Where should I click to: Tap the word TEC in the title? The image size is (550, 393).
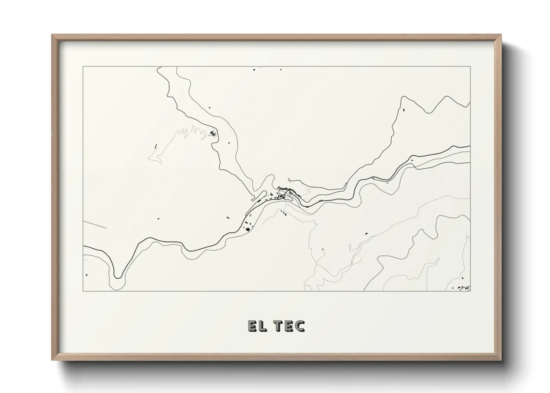[x=289, y=326]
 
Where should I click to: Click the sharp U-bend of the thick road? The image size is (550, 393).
[x=118, y=276]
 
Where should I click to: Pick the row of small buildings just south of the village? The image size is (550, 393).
[x=284, y=213]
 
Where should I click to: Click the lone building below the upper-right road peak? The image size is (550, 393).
[x=404, y=110]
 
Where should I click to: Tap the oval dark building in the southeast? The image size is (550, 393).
[x=366, y=233]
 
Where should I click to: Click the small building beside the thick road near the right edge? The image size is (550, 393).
[x=411, y=160]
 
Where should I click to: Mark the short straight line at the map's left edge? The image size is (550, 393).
[x=95, y=224]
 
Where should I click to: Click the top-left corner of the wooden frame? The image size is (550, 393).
[x=52, y=35]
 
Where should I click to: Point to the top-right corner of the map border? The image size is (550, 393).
[x=470, y=66]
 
